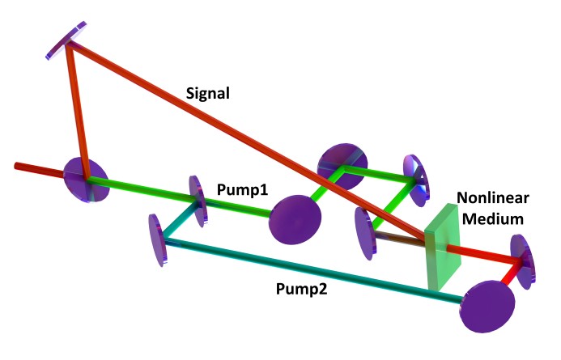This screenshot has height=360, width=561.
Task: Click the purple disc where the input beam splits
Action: tap(87, 179)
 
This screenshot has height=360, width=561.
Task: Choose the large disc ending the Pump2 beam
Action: tap(489, 304)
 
